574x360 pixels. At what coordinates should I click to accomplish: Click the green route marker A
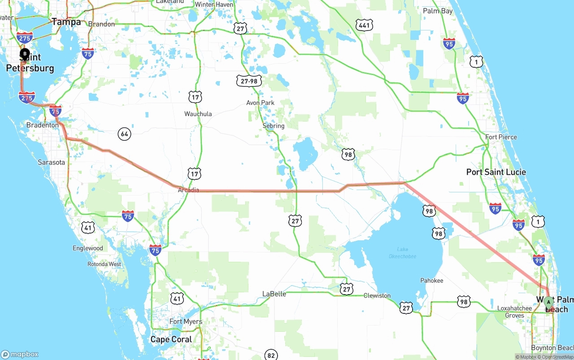548,303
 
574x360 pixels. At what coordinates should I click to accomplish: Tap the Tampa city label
66,22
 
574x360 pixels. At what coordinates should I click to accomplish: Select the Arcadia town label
188,190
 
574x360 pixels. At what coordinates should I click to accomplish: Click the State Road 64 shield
124,134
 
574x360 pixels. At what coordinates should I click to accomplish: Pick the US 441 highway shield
364,25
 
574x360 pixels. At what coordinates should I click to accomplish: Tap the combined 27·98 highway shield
249,81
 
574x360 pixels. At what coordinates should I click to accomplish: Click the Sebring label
274,126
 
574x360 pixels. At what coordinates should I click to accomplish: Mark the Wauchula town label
198,114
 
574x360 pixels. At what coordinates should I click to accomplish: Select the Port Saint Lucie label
496,172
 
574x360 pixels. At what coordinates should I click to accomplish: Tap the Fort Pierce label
501,137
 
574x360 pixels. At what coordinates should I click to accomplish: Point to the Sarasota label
51,162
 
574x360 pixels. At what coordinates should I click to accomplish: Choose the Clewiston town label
377,295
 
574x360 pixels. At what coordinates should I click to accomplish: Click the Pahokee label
431,281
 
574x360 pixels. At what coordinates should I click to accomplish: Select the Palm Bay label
438,11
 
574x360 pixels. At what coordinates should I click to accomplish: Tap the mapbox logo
20,355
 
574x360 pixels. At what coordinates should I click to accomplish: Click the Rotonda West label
104,264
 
